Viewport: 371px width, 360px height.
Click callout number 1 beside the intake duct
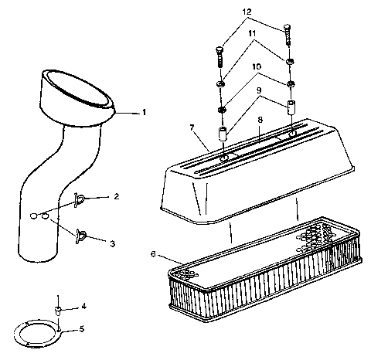145,112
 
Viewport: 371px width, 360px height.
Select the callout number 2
116,197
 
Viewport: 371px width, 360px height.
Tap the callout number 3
112,243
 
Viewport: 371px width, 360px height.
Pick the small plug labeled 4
58,309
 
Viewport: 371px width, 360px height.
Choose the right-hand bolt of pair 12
288,35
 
